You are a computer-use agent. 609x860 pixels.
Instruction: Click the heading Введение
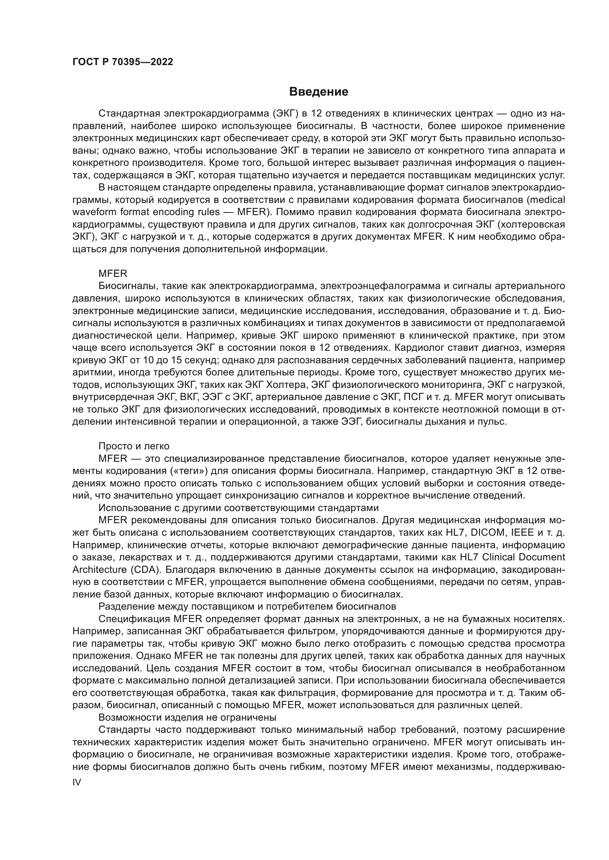(x=319, y=92)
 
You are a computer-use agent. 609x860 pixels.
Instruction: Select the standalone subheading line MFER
(x=113, y=274)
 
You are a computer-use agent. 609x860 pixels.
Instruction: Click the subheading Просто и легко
(x=134, y=446)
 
